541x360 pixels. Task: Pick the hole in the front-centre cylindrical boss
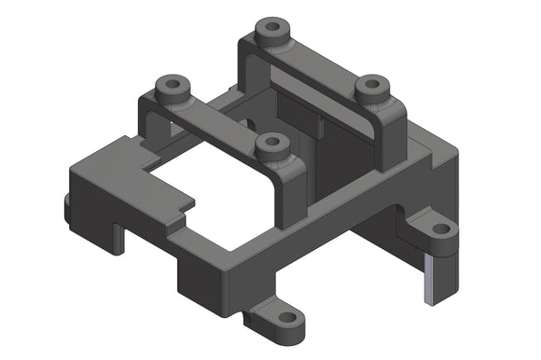point(272,143)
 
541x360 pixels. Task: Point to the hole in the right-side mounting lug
point(438,228)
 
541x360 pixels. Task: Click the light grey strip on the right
point(426,281)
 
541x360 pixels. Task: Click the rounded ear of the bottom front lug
point(297,324)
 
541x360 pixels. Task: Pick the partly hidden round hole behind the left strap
point(246,122)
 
